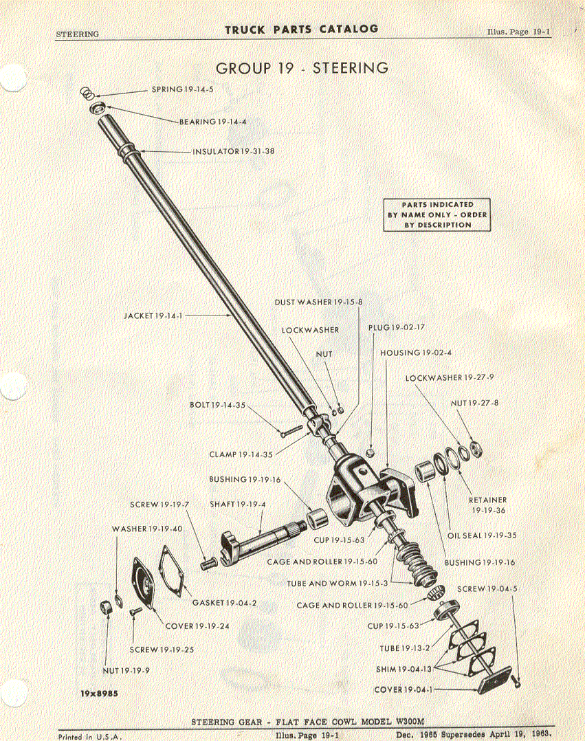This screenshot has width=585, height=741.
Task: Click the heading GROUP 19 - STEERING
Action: pos(302,68)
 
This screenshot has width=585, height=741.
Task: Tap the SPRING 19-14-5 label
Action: pos(182,89)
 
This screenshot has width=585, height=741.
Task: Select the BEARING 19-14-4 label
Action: pos(212,122)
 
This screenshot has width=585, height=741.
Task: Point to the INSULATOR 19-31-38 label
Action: pos(234,152)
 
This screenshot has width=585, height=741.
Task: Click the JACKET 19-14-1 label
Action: pos(153,316)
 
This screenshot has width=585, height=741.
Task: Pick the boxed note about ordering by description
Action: pos(437,215)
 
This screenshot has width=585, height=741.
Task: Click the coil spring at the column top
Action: pos(87,93)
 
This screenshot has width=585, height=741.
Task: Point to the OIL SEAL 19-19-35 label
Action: pos(482,536)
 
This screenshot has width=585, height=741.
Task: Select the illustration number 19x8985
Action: pos(99,694)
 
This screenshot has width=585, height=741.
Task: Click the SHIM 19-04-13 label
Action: pos(404,670)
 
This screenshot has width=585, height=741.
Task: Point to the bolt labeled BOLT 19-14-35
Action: pos(291,431)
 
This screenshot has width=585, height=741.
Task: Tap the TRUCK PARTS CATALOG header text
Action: pos(302,30)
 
